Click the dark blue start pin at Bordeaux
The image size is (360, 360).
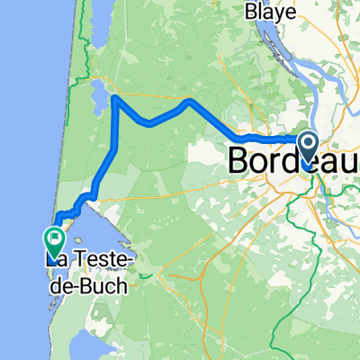coord(307,148)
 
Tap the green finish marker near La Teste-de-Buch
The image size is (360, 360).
coord(52,239)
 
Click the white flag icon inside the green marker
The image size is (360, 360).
coord(52,238)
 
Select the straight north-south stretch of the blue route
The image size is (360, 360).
coord(115,130)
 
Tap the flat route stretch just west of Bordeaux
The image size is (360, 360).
coord(265,139)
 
